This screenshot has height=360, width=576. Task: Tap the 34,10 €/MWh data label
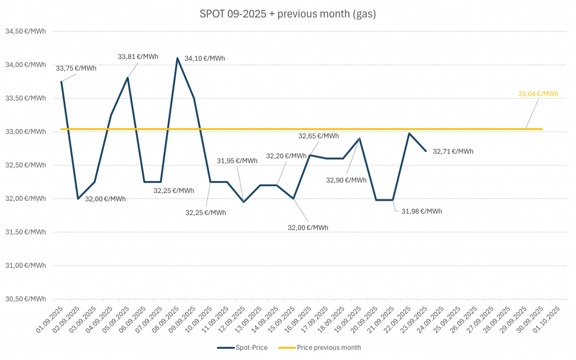[205, 58]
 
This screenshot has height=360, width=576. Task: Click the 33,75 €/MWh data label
[76, 69]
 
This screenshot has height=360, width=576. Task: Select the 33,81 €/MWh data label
[138, 56]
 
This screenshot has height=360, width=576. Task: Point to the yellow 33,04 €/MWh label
[538, 94]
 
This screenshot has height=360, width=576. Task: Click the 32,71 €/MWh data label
[453, 151]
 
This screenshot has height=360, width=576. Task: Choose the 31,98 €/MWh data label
[421, 211]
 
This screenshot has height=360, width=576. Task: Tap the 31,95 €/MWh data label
[237, 161]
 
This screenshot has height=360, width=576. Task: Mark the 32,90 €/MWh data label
[346, 181]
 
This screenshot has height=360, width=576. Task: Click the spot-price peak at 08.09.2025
[178, 58]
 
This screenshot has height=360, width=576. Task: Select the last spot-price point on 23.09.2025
[426, 151]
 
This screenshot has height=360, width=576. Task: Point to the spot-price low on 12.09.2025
[244, 202]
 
